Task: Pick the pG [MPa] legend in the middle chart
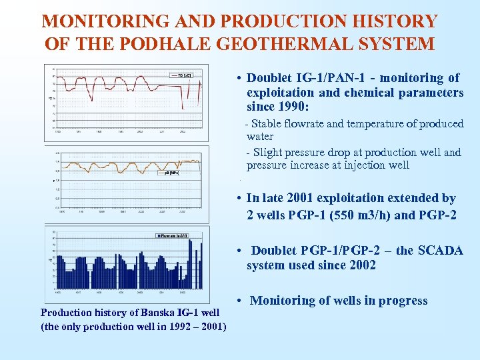click(x=171, y=173)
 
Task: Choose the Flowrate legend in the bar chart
click(x=173, y=235)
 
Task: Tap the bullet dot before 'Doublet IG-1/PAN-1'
click(x=238, y=79)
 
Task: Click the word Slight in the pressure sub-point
click(x=268, y=152)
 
